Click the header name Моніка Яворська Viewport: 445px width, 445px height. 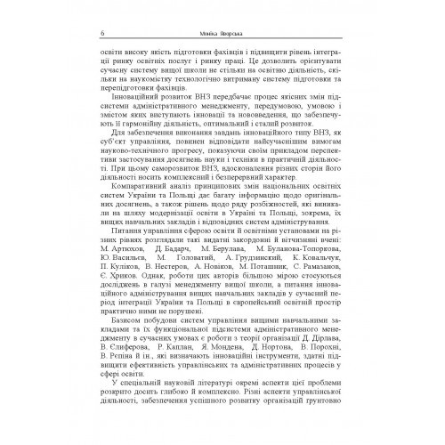pos(225,10)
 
